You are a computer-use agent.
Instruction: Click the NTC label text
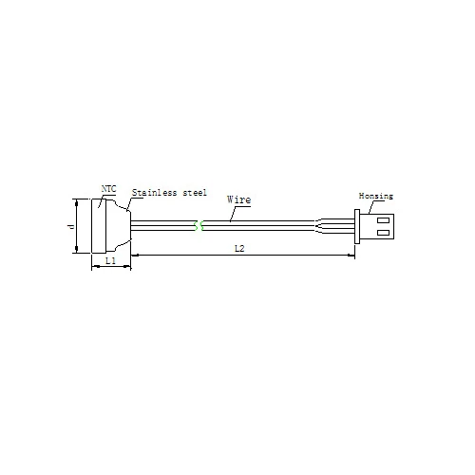(x=108, y=189)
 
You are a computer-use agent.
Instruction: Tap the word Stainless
(x=154, y=193)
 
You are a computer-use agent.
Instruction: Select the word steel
(x=195, y=193)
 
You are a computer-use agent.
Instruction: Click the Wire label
(x=239, y=199)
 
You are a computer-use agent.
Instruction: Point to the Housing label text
(x=376, y=196)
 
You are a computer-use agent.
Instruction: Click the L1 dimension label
(x=110, y=260)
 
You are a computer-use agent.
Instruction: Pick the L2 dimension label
(x=239, y=249)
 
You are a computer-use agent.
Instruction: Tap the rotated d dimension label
(x=71, y=226)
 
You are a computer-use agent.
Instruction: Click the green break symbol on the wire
(x=199, y=226)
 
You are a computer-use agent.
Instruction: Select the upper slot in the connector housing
(x=383, y=220)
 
